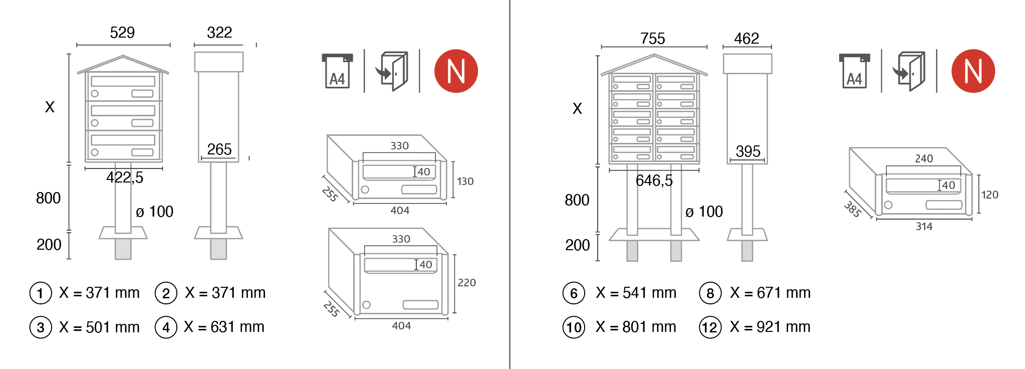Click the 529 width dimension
point(122,33)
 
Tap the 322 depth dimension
point(219,33)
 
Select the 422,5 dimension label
point(125,177)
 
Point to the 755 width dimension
point(653,39)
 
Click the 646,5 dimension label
point(654,180)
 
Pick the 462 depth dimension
point(746,39)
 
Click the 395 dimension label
point(748,151)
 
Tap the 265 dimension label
point(219,149)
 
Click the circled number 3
point(41,328)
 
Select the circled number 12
point(710,328)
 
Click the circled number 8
point(710,293)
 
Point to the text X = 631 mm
point(224,327)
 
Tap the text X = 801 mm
point(636,327)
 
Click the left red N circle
point(456,71)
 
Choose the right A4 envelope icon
point(854,71)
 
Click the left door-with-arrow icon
point(392,71)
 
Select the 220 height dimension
point(466,283)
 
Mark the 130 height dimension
point(465,181)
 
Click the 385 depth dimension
point(853,209)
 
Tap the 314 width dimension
point(924,227)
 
